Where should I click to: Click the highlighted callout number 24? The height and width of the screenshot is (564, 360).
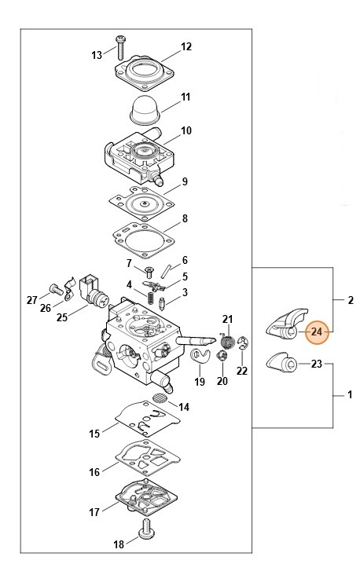(x=317, y=332)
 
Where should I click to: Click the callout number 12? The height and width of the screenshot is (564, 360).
(x=186, y=47)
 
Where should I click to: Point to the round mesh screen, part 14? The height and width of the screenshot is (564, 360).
(x=160, y=398)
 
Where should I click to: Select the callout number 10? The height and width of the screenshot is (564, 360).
(x=186, y=130)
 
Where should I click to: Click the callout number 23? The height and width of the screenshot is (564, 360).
(x=317, y=364)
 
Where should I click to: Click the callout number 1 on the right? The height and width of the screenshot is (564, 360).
(x=350, y=396)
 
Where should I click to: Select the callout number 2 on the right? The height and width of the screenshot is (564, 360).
(x=350, y=300)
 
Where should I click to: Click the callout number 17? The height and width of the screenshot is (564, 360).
(x=94, y=512)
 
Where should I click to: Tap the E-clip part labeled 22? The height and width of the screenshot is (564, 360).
(x=243, y=342)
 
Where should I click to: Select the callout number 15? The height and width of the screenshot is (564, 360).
(x=94, y=433)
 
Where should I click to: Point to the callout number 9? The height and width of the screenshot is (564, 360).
(x=185, y=181)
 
